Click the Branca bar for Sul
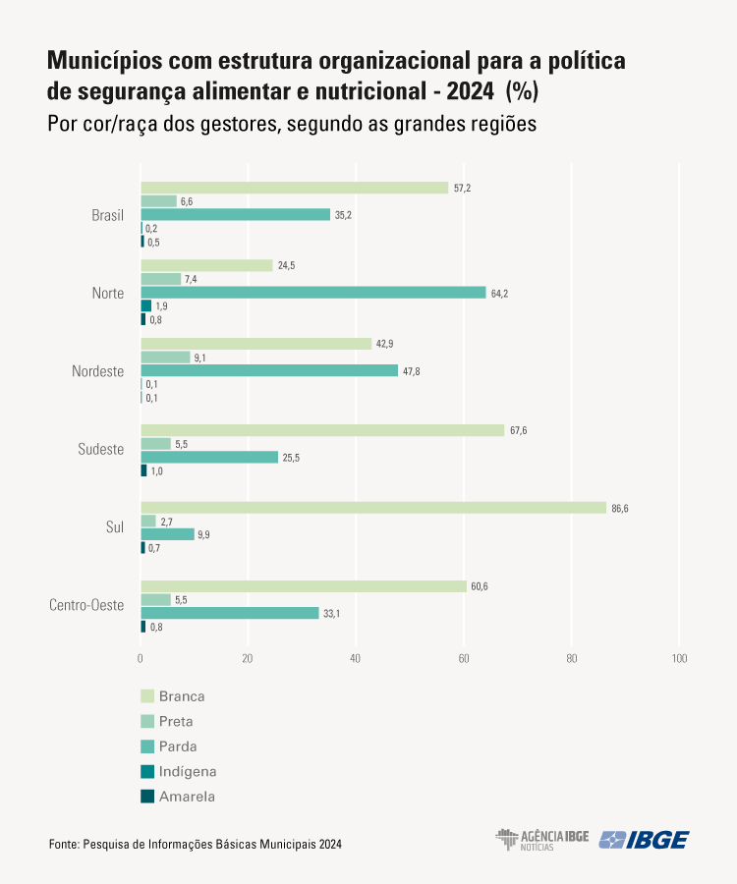point(373,508)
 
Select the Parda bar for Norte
point(313,293)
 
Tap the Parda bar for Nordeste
point(269,371)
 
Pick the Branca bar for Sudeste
point(322,430)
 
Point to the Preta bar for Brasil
point(158,201)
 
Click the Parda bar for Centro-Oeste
point(230,613)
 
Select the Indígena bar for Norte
point(145,305)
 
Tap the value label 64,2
point(499,293)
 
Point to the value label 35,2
point(343,215)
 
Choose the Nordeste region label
point(97,371)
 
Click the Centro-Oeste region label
point(86,605)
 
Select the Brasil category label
point(107,215)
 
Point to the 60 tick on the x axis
point(464,657)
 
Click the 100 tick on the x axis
point(679,657)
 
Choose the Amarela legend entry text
point(187,797)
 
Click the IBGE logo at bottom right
point(645,840)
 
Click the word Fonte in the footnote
point(62,844)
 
